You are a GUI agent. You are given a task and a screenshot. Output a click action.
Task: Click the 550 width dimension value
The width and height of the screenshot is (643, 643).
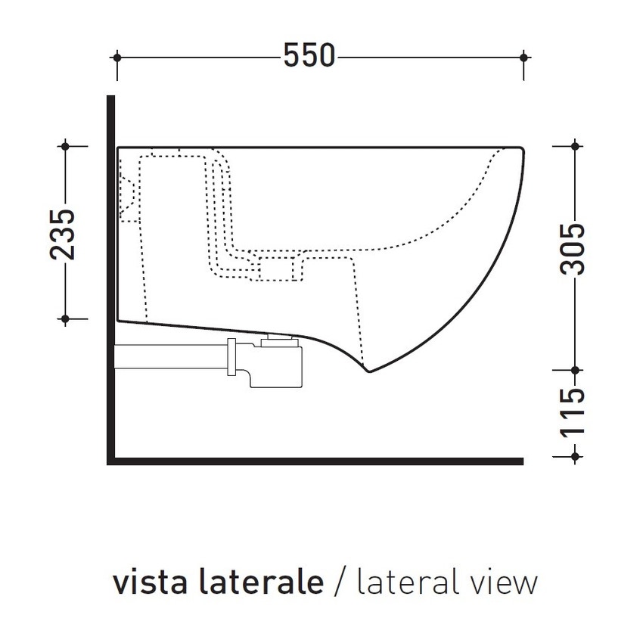(309, 56)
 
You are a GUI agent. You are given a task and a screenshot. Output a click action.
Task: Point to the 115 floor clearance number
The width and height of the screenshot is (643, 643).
(575, 412)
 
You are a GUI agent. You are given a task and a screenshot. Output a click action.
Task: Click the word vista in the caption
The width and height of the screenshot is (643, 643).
(147, 583)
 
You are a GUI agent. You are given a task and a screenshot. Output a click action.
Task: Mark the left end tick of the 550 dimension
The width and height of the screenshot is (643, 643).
(116, 56)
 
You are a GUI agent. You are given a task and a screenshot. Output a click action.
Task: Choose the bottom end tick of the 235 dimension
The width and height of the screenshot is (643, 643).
(66, 319)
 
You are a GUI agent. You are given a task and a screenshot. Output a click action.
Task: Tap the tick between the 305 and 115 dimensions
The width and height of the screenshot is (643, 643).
(575, 371)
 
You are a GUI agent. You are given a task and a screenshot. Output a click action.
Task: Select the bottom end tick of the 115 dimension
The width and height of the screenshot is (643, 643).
(575, 455)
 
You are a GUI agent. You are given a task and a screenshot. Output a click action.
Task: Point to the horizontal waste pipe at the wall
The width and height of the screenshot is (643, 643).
(170, 357)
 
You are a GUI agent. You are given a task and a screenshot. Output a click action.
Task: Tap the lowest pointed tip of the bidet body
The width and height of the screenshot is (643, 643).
(368, 371)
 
